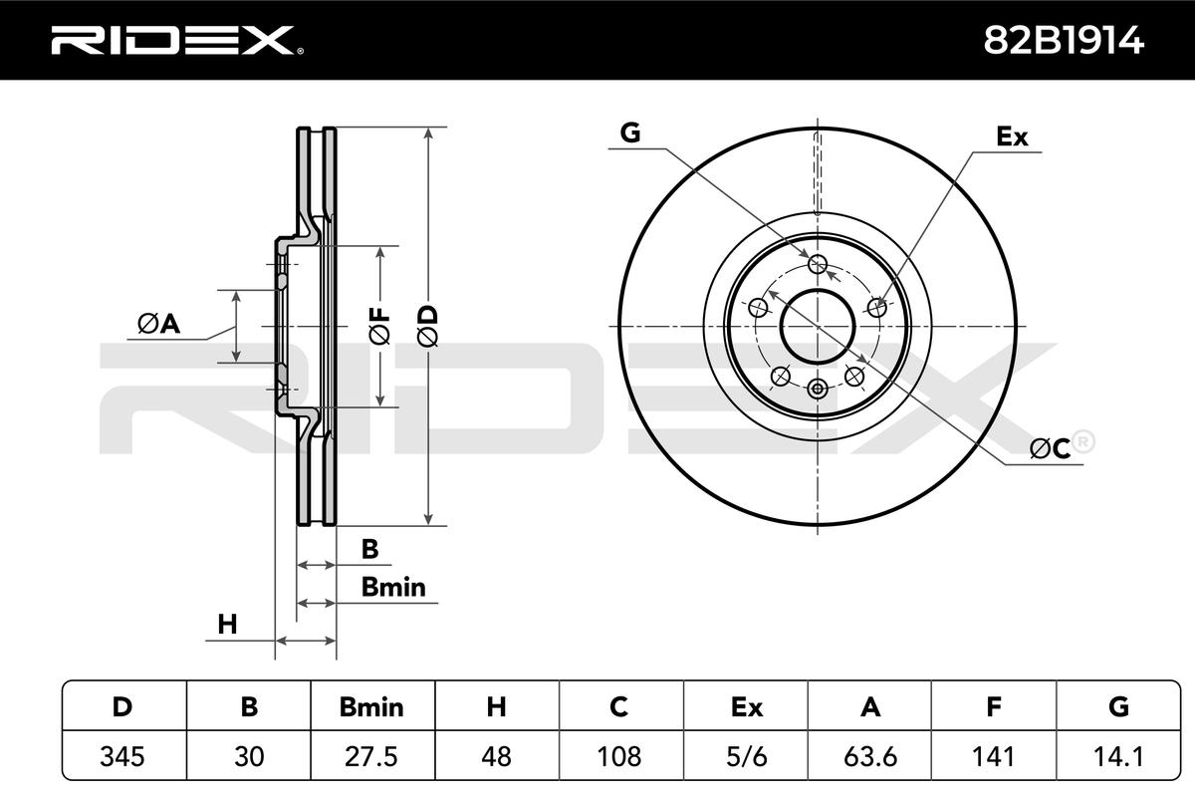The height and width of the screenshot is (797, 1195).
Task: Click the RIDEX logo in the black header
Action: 177,41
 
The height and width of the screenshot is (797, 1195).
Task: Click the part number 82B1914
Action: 1064,41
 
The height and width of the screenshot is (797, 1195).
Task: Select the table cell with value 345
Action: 122,756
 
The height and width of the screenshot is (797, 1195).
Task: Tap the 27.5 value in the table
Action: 371,756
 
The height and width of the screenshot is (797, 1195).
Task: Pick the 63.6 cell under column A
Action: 870,756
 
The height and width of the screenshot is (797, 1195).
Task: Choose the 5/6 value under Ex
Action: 746,756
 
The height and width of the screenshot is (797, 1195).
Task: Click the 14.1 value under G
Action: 1118,756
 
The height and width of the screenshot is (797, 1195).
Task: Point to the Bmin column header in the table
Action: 371,706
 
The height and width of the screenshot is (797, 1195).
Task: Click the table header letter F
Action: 994,706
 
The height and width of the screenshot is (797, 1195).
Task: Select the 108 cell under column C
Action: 618,756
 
